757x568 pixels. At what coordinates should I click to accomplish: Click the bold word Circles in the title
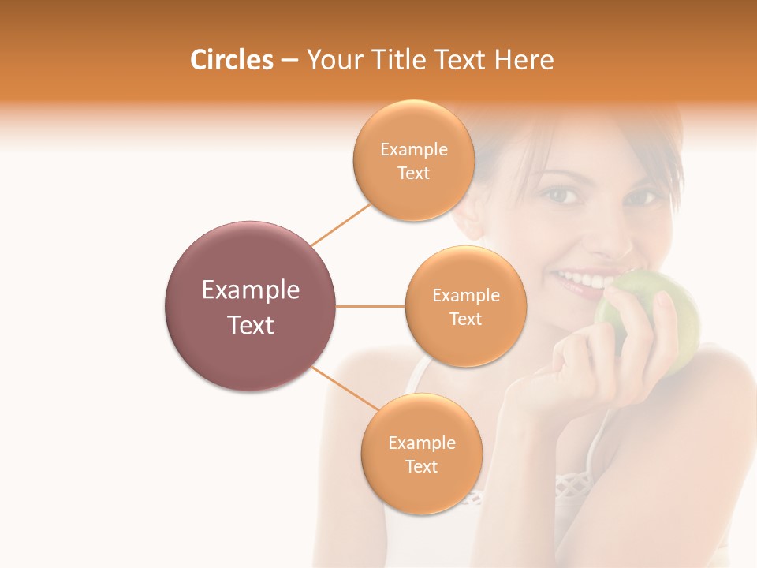pos(231,60)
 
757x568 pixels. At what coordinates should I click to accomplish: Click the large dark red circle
pos(251,306)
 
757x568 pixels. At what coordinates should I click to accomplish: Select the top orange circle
pos(413,159)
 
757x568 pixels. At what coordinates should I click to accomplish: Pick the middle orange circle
pos(465,306)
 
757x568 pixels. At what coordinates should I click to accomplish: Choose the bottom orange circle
pos(421,454)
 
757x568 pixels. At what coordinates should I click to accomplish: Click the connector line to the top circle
pos(341,225)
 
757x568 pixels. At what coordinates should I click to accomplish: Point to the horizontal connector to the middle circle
pos(371,306)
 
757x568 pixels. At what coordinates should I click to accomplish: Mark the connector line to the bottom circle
pos(344,388)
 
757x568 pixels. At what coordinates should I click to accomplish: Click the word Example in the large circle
pos(251,290)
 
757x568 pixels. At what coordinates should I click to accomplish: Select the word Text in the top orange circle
pos(413,174)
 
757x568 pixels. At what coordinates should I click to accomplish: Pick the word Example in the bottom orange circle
pos(421,443)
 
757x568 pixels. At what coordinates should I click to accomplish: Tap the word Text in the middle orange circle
pos(465,319)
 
